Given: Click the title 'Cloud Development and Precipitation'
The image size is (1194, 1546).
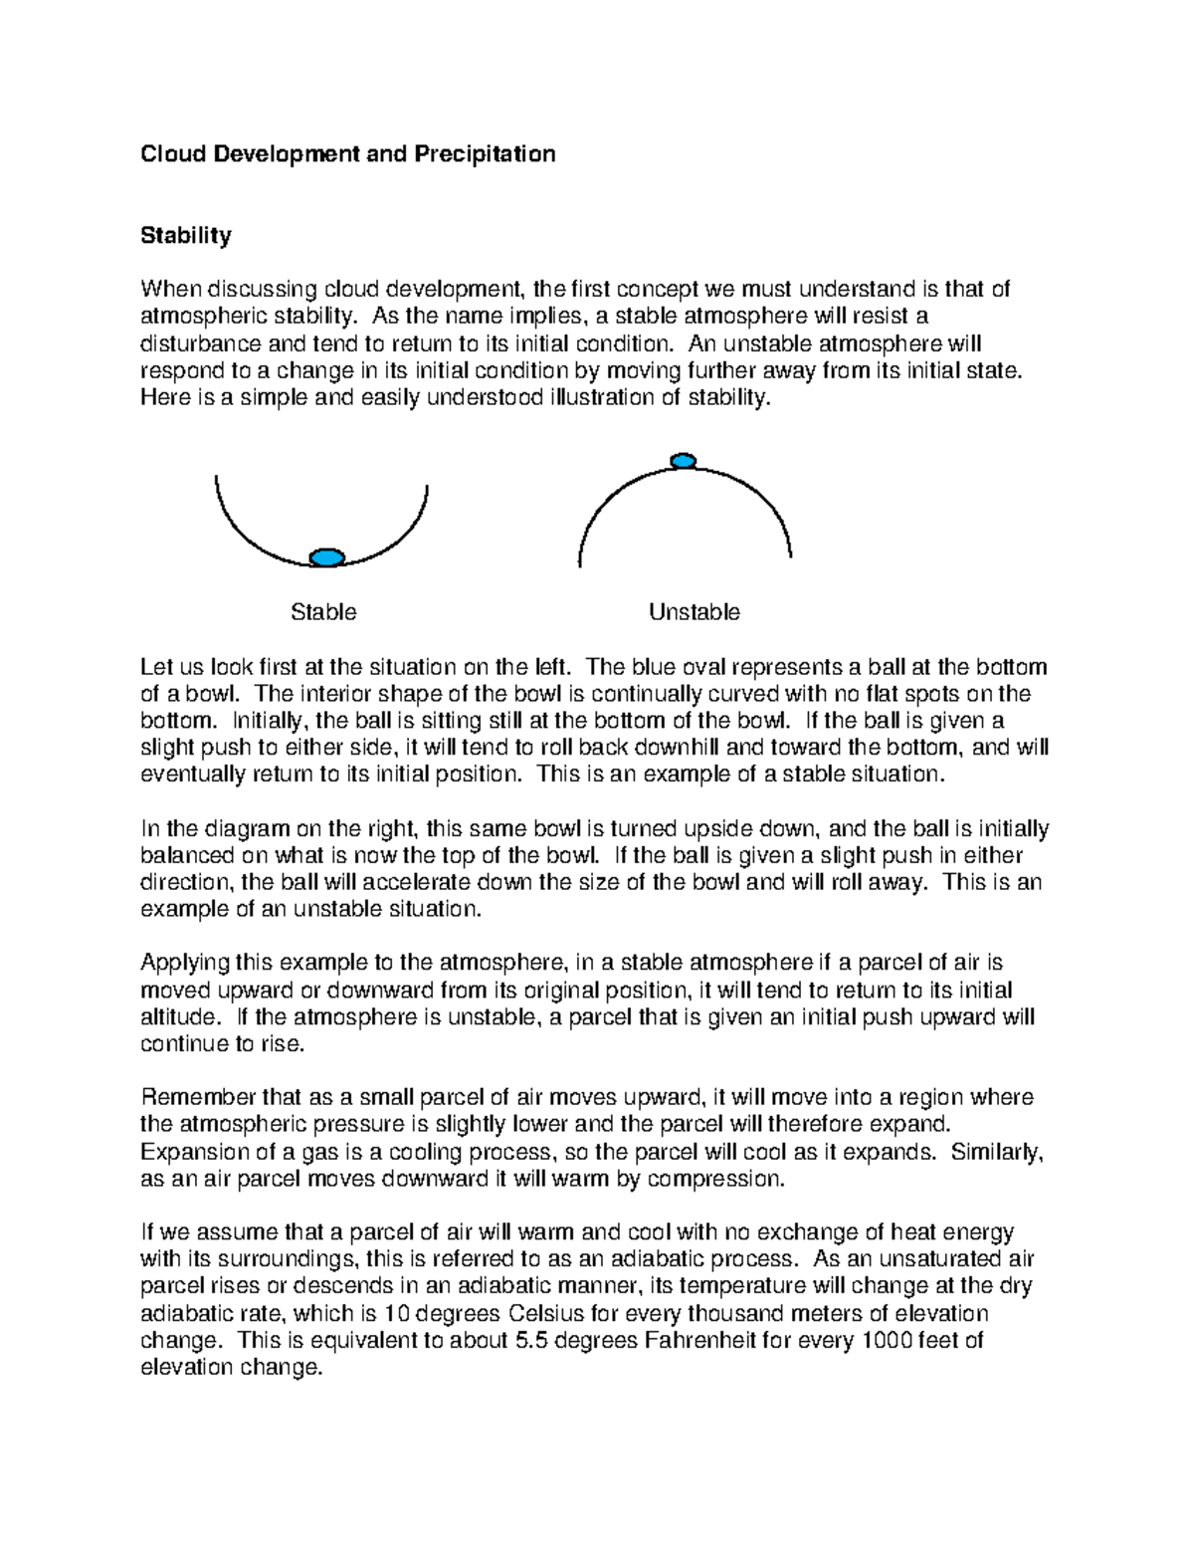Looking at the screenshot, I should coord(347,154).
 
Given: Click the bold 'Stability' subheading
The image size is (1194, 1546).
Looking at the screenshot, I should coord(186,236).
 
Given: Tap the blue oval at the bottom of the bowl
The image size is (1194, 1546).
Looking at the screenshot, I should coord(326,557).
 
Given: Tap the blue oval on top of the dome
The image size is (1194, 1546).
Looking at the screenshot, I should coord(683,460).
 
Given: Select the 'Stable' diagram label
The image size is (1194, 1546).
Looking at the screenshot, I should coord(323,612).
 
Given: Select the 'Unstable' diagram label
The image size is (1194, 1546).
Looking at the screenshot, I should coord(694,612).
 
